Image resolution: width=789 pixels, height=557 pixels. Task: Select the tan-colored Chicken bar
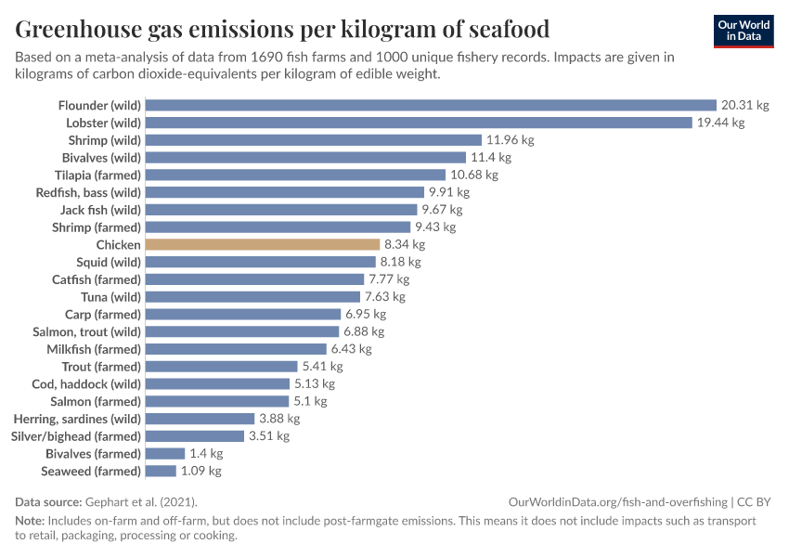pyautogui.click(x=263, y=245)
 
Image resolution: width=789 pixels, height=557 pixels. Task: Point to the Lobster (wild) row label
pyautogui.click(x=103, y=123)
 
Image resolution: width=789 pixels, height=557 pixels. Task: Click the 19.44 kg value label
pyautogui.click(x=720, y=123)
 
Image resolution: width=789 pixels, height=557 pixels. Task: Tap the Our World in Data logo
pyautogui.click(x=744, y=32)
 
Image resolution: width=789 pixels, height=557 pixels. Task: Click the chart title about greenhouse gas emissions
pyautogui.click(x=282, y=30)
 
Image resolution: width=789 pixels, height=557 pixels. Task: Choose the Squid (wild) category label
pyautogui.click(x=109, y=262)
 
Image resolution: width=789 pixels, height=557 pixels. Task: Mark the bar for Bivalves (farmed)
pyautogui.click(x=165, y=454)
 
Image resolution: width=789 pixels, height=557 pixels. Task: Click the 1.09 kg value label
pyautogui.click(x=200, y=472)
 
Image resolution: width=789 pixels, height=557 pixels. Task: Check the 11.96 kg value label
pyautogui.click(x=511, y=140)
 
